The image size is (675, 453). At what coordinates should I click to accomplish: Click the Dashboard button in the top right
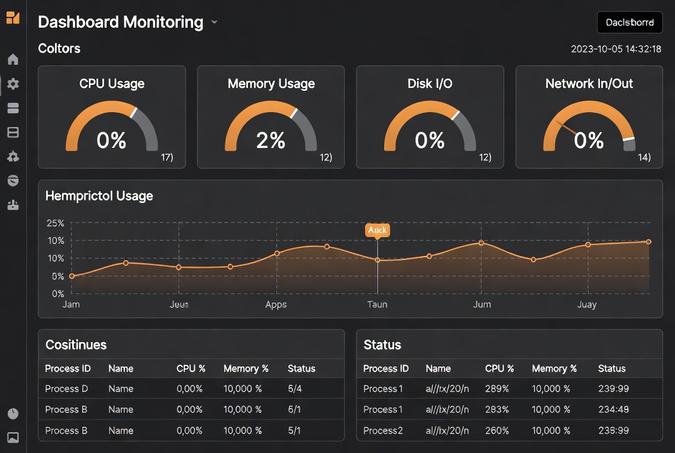629,23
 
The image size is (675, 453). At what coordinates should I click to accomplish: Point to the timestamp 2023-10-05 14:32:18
615,49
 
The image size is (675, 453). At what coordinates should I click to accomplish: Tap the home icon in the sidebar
13,60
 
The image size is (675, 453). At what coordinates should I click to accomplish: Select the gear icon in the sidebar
13,84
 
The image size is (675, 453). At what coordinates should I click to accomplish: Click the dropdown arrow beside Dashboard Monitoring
214,23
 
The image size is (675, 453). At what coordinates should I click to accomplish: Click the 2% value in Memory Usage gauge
270,140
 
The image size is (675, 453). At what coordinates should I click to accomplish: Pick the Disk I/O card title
429,84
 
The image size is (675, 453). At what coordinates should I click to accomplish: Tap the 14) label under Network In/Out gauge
644,157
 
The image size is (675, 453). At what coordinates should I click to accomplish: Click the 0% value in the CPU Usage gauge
112,140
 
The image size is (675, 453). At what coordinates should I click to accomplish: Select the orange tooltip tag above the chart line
377,230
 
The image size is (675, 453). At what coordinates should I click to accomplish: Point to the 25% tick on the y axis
55,223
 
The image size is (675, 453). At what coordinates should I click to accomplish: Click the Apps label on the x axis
276,305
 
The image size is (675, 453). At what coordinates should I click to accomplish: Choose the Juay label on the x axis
587,305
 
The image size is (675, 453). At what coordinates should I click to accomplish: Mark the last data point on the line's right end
648,242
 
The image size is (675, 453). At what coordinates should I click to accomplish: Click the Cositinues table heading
76,345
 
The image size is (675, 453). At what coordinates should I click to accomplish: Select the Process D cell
66,389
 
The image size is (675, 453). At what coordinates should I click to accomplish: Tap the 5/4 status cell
295,389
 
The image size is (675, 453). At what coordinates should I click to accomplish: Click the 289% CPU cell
497,389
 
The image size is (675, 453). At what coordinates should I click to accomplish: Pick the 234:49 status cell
613,410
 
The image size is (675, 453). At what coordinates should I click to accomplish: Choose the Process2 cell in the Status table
383,430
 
